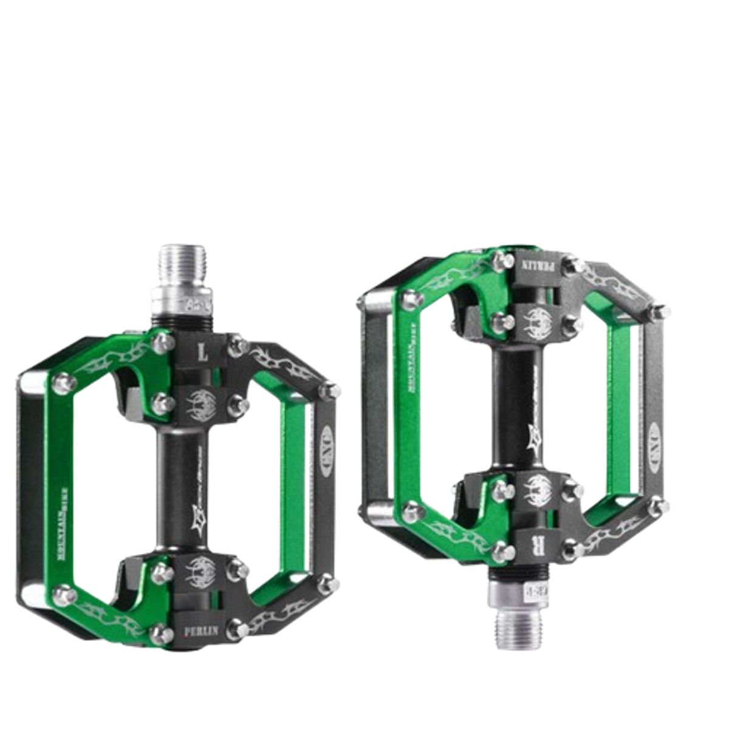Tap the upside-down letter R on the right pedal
pos(535,542)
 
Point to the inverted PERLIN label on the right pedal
pos(535,265)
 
